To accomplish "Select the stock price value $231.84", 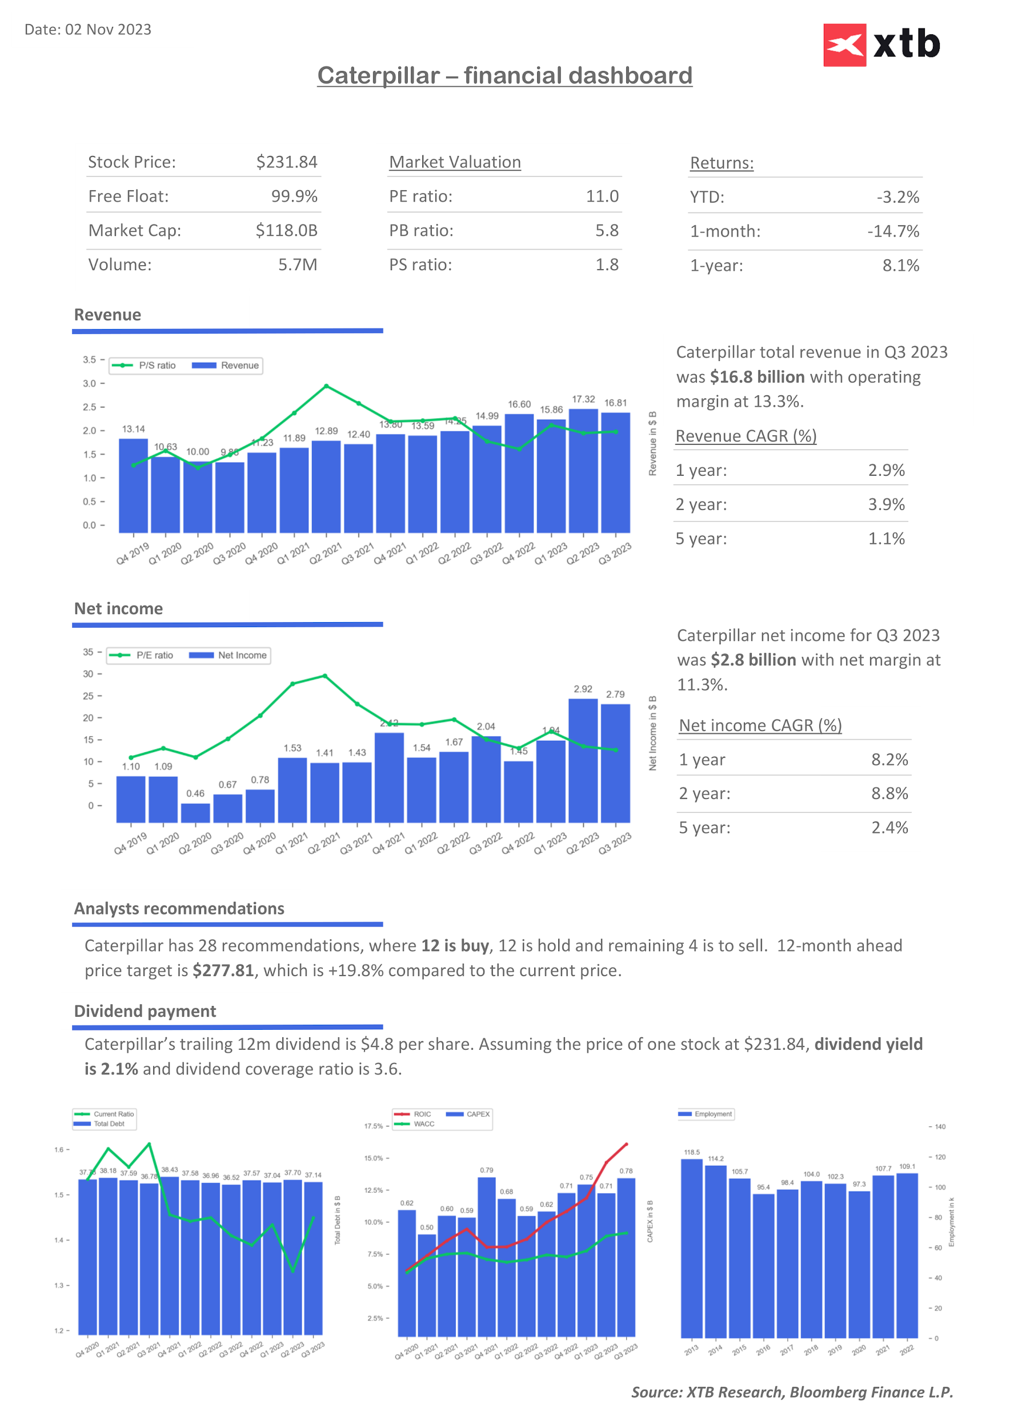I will tap(287, 162).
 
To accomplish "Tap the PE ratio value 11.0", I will tap(602, 196).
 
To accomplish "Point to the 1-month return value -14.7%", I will tap(892, 231).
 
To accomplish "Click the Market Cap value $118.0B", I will tap(286, 231).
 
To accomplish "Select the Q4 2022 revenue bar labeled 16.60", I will tap(519, 473).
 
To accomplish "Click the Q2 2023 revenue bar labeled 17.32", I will tap(583, 470).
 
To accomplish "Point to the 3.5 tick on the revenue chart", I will tap(90, 360).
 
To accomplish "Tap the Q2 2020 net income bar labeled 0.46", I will tap(195, 812).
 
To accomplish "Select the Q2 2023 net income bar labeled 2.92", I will tap(583, 760).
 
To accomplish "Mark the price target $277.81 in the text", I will tap(223, 971).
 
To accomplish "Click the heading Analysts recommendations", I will tap(179, 909).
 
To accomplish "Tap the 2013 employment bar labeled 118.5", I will tap(692, 1248).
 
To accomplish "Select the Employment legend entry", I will tap(706, 1114).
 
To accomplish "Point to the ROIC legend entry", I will tap(413, 1114).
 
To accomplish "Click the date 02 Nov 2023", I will tap(108, 30).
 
